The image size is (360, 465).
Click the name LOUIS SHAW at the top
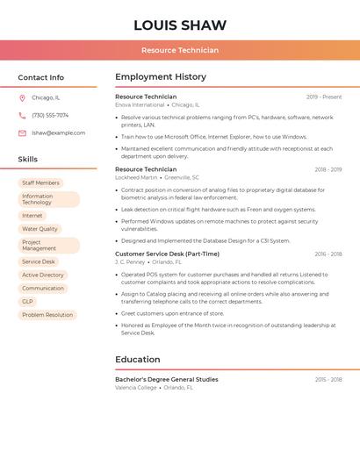click(180, 25)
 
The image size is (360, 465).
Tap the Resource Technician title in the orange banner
click(180, 50)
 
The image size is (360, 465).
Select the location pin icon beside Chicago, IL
click(22, 97)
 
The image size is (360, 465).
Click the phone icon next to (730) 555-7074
click(22, 115)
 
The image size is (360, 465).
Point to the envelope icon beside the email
click(22, 133)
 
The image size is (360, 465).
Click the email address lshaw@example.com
click(59, 133)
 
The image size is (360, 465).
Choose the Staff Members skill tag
click(40, 182)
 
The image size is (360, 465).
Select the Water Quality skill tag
click(40, 229)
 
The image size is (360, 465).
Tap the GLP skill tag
click(28, 301)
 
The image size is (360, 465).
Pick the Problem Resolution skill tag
click(47, 315)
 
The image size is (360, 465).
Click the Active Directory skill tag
click(43, 275)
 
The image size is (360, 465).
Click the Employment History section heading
click(160, 77)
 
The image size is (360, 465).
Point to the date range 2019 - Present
click(323, 97)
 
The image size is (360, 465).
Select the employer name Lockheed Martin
click(136, 177)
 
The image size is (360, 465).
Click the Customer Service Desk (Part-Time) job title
click(167, 254)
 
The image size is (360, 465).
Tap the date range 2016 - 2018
click(328, 254)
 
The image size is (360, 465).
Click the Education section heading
click(138, 359)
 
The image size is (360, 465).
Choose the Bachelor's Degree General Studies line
click(167, 379)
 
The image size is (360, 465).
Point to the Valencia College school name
click(136, 387)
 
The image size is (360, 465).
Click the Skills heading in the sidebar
click(28, 159)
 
